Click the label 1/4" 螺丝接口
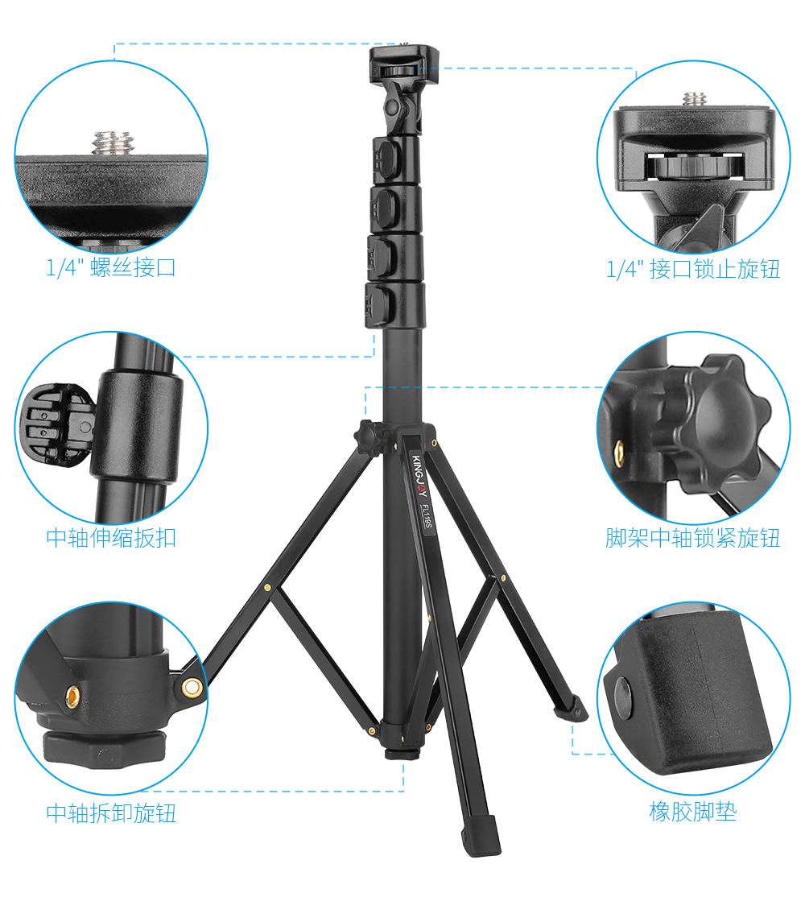pos(111,268)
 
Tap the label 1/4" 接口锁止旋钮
pos(693,269)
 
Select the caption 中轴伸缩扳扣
pos(111,537)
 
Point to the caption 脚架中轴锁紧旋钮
pos(693,537)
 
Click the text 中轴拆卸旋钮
pos(111,813)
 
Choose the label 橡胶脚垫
pos(693,812)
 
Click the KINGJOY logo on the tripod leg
pos(419,475)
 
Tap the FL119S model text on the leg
pos(427,516)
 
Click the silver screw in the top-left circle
pos(113,143)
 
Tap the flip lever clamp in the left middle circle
pos(56,424)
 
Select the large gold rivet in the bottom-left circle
pos(192,688)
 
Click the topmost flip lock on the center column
pos(387,158)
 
